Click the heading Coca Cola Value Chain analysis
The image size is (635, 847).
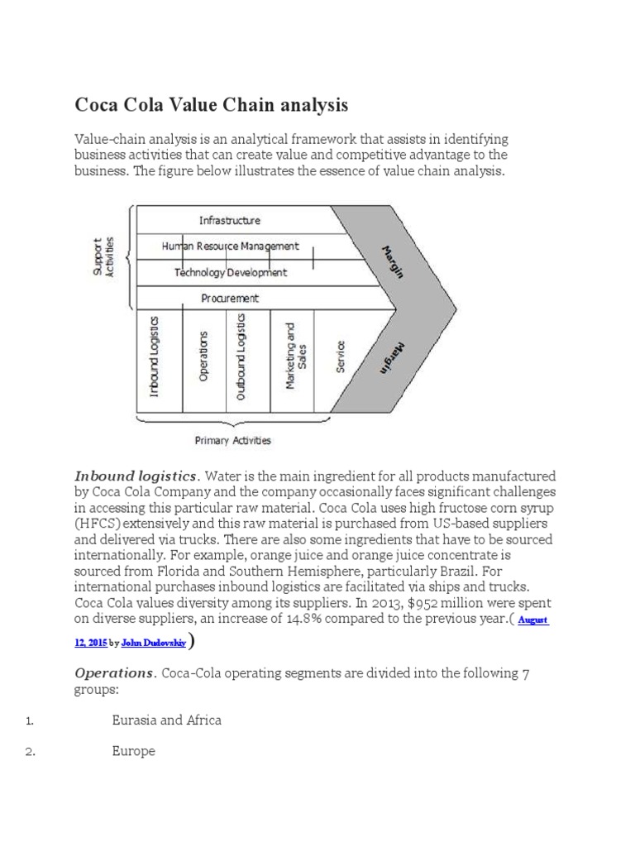click(212, 106)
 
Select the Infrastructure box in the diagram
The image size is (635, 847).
click(230, 220)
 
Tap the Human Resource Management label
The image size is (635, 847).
click(231, 246)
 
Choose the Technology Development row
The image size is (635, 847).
click(232, 272)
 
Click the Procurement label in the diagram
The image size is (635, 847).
click(230, 298)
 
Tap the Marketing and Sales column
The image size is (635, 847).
click(294, 356)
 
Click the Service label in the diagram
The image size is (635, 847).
click(340, 357)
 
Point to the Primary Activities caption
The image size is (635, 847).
click(232, 441)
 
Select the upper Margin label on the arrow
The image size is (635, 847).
click(392, 261)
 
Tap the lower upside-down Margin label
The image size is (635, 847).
click(392, 357)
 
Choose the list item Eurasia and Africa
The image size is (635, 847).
click(166, 720)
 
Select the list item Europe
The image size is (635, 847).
click(133, 751)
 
